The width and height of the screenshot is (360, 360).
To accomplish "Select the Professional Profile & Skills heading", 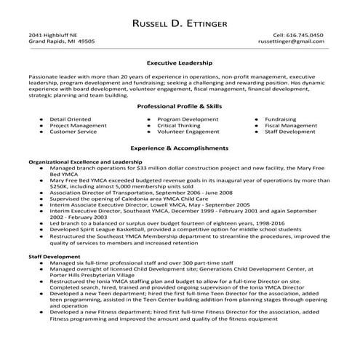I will click(x=179, y=106).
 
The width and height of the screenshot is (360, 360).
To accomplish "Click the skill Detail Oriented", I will click(x=70, y=118).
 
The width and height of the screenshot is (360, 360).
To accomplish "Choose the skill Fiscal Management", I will click(x=291, y=125).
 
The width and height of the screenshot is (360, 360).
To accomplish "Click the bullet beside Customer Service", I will click(x=39, y=132).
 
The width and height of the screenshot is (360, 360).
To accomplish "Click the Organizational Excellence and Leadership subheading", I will click(x=85, y=161).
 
